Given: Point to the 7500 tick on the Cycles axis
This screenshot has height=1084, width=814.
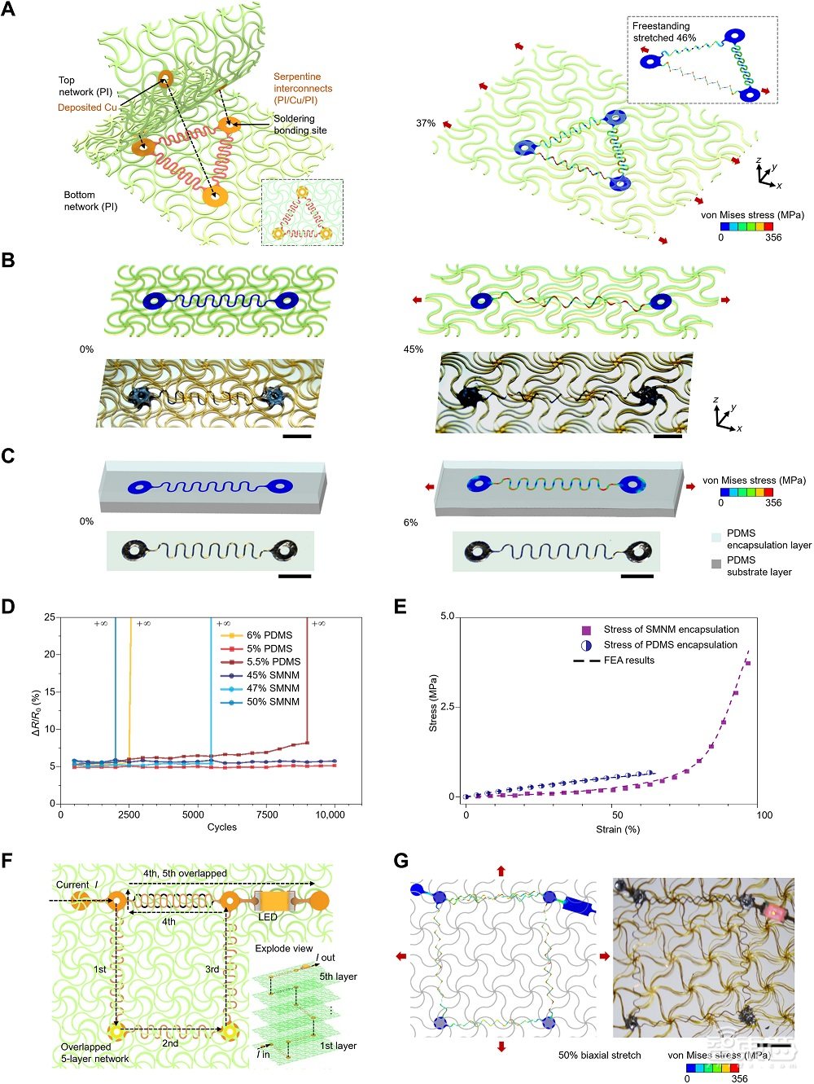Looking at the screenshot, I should click(267, 814).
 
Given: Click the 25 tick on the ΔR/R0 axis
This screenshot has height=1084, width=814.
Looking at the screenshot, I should click(50, 617).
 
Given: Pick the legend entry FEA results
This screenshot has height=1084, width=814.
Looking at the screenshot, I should click(628, 660).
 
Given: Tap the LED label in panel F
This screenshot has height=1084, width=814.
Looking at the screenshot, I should click(268, 917).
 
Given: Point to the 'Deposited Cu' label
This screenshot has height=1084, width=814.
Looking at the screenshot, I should click(87, 108).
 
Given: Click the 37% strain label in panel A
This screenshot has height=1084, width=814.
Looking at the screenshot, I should click(425, 124).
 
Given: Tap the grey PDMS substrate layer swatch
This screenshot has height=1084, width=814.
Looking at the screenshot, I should click(716, 564).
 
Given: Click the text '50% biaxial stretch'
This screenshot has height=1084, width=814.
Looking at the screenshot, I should click(599, 1055).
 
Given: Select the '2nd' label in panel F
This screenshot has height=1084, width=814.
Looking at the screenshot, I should click(170, 1043).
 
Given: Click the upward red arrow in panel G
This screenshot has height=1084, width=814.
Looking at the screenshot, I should click(501, 871).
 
